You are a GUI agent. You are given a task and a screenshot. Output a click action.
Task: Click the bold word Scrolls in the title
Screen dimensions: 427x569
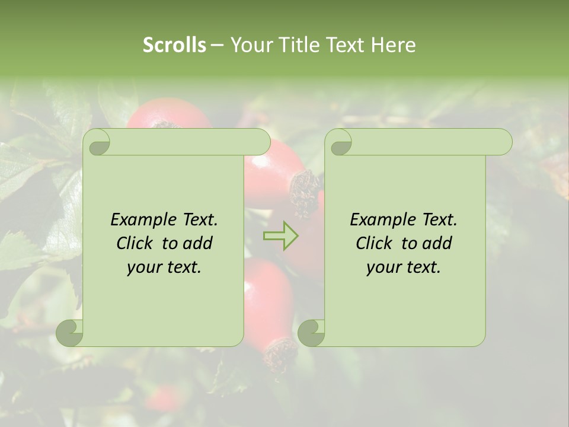click(174, 44)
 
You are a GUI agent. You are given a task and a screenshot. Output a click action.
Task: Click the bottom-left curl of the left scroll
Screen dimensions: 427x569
click(70, 332)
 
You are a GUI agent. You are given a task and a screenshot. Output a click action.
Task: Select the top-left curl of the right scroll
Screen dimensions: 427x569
click(339, 142)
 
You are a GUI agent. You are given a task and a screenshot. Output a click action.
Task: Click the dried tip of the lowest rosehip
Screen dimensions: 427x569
click(279, 356)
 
